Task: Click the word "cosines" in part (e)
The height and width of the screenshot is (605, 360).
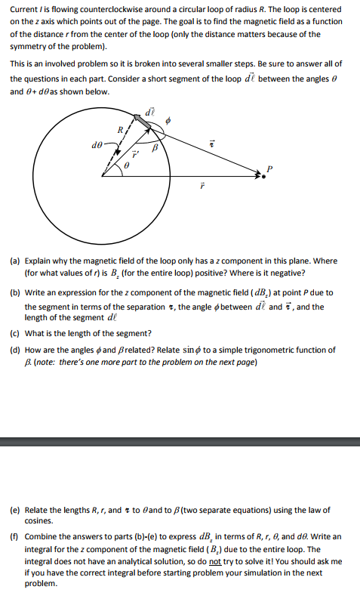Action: coord(38,521)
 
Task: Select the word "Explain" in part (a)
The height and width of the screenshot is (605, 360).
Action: coord(38,261)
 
